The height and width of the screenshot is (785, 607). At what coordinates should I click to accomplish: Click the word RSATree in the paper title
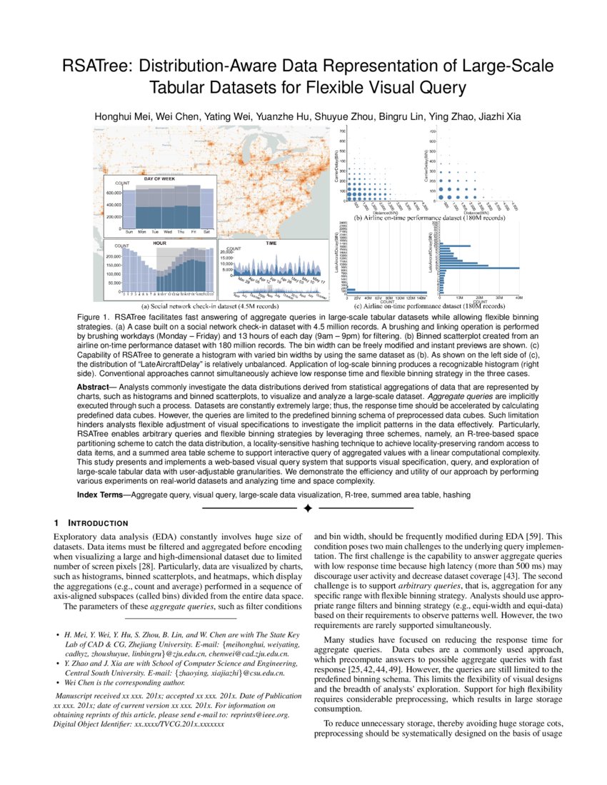click(x=94, y=67)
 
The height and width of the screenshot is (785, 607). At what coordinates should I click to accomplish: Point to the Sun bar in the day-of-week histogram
click(x=129, y=211)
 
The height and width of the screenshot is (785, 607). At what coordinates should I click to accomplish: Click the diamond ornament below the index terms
click(x=308, y=509)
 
